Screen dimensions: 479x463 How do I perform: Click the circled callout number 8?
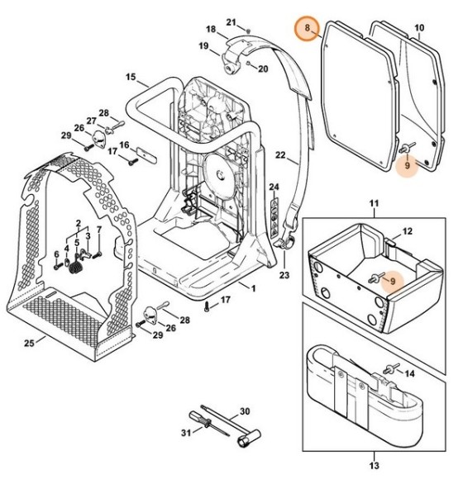pos(308,30)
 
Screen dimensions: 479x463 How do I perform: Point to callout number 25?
pos(29,341)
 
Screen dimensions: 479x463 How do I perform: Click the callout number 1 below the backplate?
pos(253,288)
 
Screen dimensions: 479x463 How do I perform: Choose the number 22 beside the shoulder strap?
pos(279,154)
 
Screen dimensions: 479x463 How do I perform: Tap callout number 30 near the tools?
pos(244,410)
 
